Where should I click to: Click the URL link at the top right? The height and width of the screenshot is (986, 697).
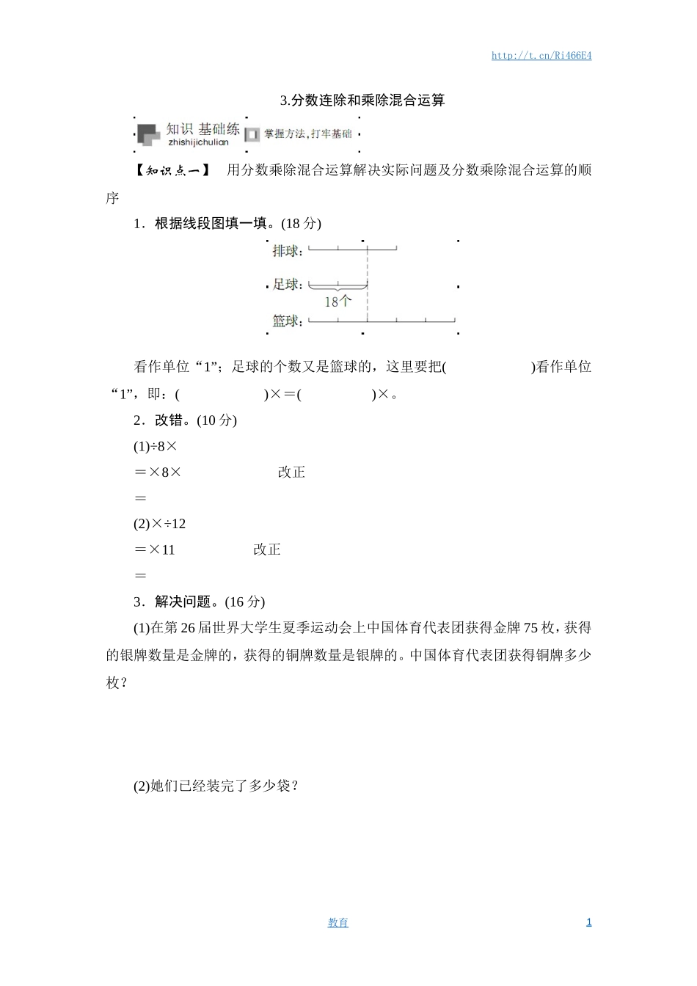click(541, 56)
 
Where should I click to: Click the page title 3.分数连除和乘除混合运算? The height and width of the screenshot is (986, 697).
click(362, 101)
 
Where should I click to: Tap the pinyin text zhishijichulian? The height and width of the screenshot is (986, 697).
click(198, 142)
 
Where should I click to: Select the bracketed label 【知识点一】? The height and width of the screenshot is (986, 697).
click(172, 171)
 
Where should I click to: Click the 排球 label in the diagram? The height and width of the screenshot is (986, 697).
click(286, 252)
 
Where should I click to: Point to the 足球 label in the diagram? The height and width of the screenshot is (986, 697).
click(286, 284)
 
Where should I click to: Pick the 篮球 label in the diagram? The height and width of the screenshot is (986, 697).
click(286, 321)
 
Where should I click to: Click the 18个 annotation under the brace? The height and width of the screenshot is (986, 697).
click(337, 302)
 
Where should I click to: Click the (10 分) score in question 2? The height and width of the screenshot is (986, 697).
click(216, 420)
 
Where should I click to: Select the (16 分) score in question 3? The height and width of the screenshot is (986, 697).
click(244, 602)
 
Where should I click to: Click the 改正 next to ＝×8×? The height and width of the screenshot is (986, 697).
click(291, 472)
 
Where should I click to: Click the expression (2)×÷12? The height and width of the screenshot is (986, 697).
click(159, 524)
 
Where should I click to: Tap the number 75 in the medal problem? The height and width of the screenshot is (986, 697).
click(530, 628)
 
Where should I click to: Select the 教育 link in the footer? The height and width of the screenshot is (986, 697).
click(338, 923)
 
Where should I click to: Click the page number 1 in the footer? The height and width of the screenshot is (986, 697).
click(588, 922)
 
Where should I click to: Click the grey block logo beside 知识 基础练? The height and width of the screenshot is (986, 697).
click(148, 134)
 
